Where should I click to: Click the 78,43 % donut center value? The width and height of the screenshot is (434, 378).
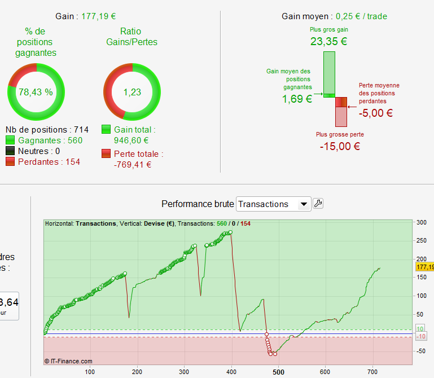click(36, 92)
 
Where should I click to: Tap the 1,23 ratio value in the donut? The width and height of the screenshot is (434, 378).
click(132, 92)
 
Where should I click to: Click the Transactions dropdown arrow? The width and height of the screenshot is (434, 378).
click(304, 204)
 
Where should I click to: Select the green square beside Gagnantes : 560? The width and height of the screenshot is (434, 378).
click(10, 140)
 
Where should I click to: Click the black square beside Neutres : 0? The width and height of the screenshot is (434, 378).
click(10, 151)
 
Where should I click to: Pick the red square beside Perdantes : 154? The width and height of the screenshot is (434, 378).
click(10, 162)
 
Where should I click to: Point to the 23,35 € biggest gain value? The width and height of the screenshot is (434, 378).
click(328, 41)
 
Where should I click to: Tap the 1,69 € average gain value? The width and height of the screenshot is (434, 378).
click(297, 99)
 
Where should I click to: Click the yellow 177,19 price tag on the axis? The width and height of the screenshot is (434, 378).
click(424, 266)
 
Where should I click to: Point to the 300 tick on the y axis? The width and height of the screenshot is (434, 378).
click(421, 222)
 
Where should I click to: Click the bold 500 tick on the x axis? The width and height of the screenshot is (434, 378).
click(278, 372)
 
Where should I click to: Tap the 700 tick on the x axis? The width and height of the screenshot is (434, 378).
click(372, 372)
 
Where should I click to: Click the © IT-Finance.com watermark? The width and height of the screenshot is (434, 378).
click(68, 361)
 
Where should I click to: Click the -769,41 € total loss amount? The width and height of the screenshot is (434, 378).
click(133, 165)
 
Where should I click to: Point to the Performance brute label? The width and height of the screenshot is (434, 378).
click(197, 204)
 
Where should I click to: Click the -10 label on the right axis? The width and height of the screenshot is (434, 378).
click(420, 337)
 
